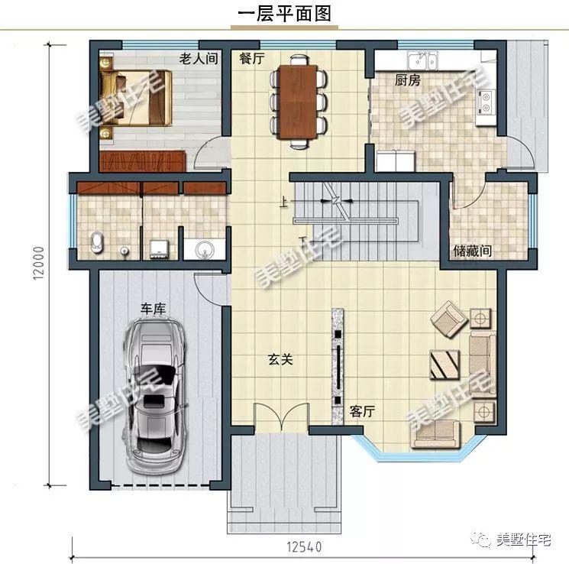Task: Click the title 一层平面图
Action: (x=283, y=15)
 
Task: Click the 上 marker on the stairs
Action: (x=283, y=203)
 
